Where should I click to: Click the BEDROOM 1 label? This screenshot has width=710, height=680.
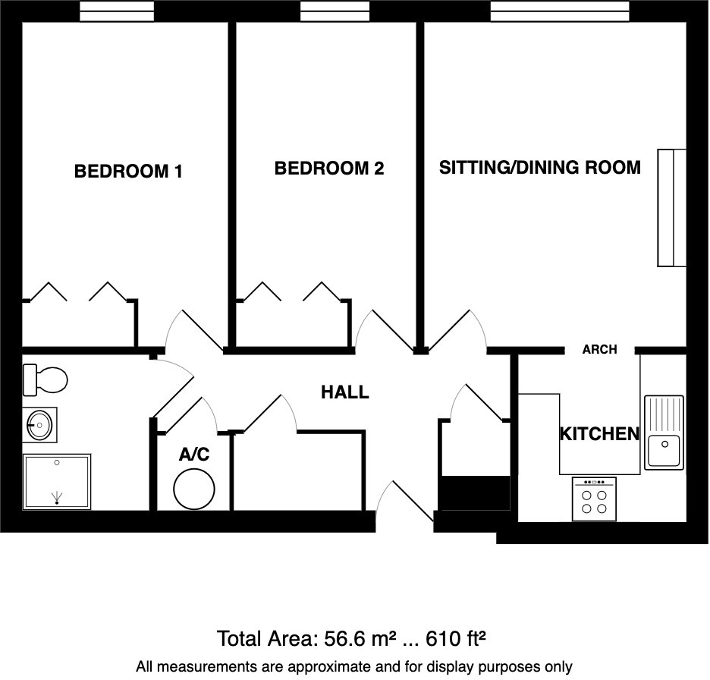pos(127,172)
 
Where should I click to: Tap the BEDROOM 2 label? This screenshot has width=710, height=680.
pos(328,168)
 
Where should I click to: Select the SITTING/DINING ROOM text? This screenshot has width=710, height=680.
pos(539,167)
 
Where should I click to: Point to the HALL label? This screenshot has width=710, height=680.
pos(344,392)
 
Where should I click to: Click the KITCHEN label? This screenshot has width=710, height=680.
pos(599,434)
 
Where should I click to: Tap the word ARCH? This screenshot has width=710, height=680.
pos(599,350)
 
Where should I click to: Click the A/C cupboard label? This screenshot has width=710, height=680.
pos(193,455)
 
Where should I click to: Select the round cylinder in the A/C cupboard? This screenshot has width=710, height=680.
pos(193,489)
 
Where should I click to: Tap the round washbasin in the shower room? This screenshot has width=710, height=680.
pos(39,424)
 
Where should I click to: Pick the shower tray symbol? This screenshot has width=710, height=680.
pos(56,481)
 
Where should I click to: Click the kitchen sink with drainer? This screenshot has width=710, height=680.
pos(664,432)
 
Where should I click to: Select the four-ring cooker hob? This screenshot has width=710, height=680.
pos(594,499)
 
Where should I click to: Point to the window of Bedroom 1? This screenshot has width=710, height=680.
pos(117,11)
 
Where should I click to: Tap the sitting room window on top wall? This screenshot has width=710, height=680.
pos(559,11)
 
